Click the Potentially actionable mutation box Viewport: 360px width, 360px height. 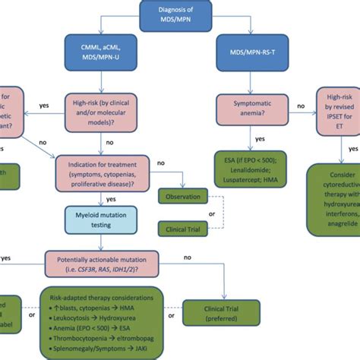click(x=109, y=263)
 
